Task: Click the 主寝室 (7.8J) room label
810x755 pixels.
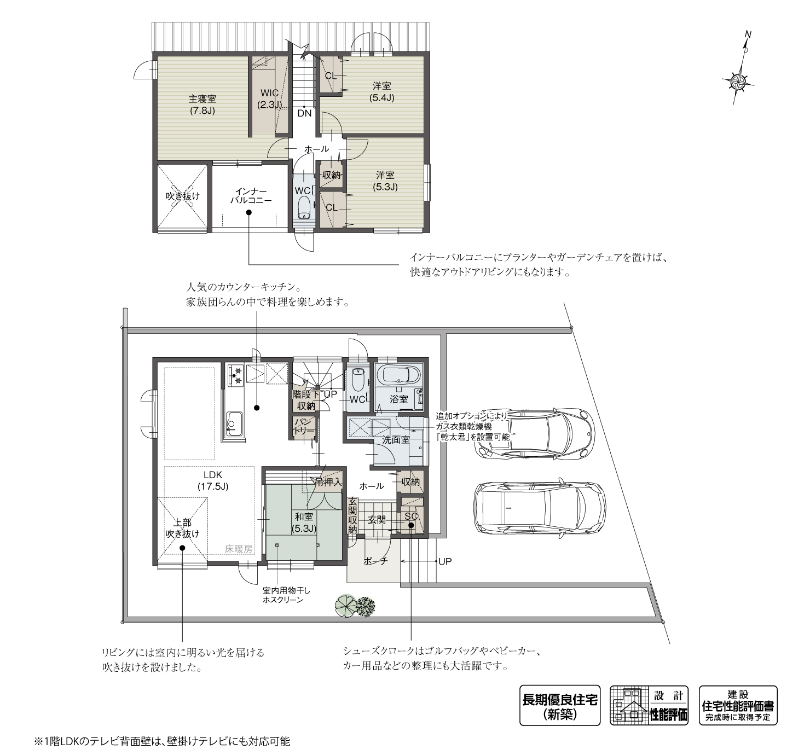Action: pyautogui.click(x=202, y=104)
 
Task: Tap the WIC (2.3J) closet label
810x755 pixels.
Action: pyautogui.click(x=269, y=98)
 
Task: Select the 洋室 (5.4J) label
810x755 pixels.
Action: pyautogui.click(x=381, y=91)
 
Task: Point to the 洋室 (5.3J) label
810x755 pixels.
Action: pyautogui.click(x=385, y=181)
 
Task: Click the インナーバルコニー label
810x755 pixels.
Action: pyautogui.click(x=250, y=196)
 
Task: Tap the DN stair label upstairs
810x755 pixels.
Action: pyautogui.click(x=304, y=113)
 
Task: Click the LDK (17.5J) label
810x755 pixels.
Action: pyautogui.click(x=212, y=480)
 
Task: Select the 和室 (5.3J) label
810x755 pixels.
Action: pyautogui.click(x=304, y=522)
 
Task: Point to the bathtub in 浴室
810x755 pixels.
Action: pyautogui.click(x=400, y=376)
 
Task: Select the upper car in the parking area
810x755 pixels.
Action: pyautogui.click(x=535, y=433)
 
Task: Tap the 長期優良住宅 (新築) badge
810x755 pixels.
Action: pyautogui.click(x=559, y=705)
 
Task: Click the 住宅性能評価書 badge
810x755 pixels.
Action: pyautogui.click(x=738, y=705)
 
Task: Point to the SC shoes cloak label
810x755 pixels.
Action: pyautogui.click(x=410, y=516)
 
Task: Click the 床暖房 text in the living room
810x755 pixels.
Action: pyautogui.click(x=238, y=549)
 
